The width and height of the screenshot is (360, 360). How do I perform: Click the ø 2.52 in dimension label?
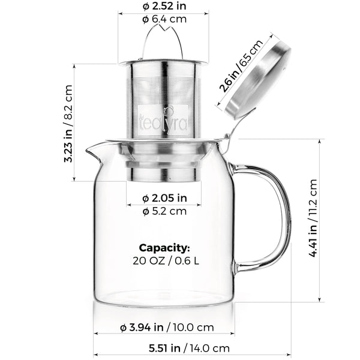[x=164, y=6]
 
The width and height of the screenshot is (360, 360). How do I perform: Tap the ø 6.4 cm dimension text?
[x=164, y=19]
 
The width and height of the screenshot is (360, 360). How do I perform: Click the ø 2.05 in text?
[x=164, y=198]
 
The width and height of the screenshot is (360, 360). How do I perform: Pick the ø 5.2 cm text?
[x=164, y=211]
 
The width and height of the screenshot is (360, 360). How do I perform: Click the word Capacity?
[x=164, y=247]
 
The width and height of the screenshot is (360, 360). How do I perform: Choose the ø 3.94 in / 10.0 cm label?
[x=164, y=328]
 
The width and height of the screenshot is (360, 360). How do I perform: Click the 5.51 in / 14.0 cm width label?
[x=164, y=347]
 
